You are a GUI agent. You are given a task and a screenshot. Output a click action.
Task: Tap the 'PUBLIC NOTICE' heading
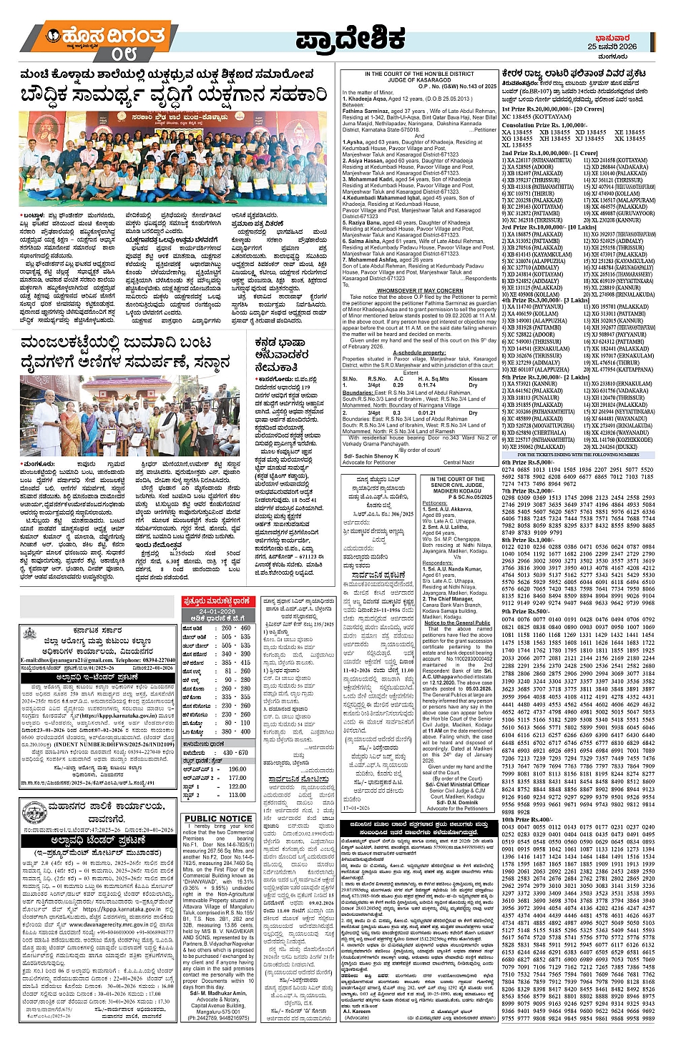click(x=217, y=819)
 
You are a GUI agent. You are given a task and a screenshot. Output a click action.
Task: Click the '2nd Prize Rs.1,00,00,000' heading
click(x=549, y=153)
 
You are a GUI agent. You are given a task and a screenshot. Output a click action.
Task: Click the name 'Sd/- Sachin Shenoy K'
click(x=370, y=455)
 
